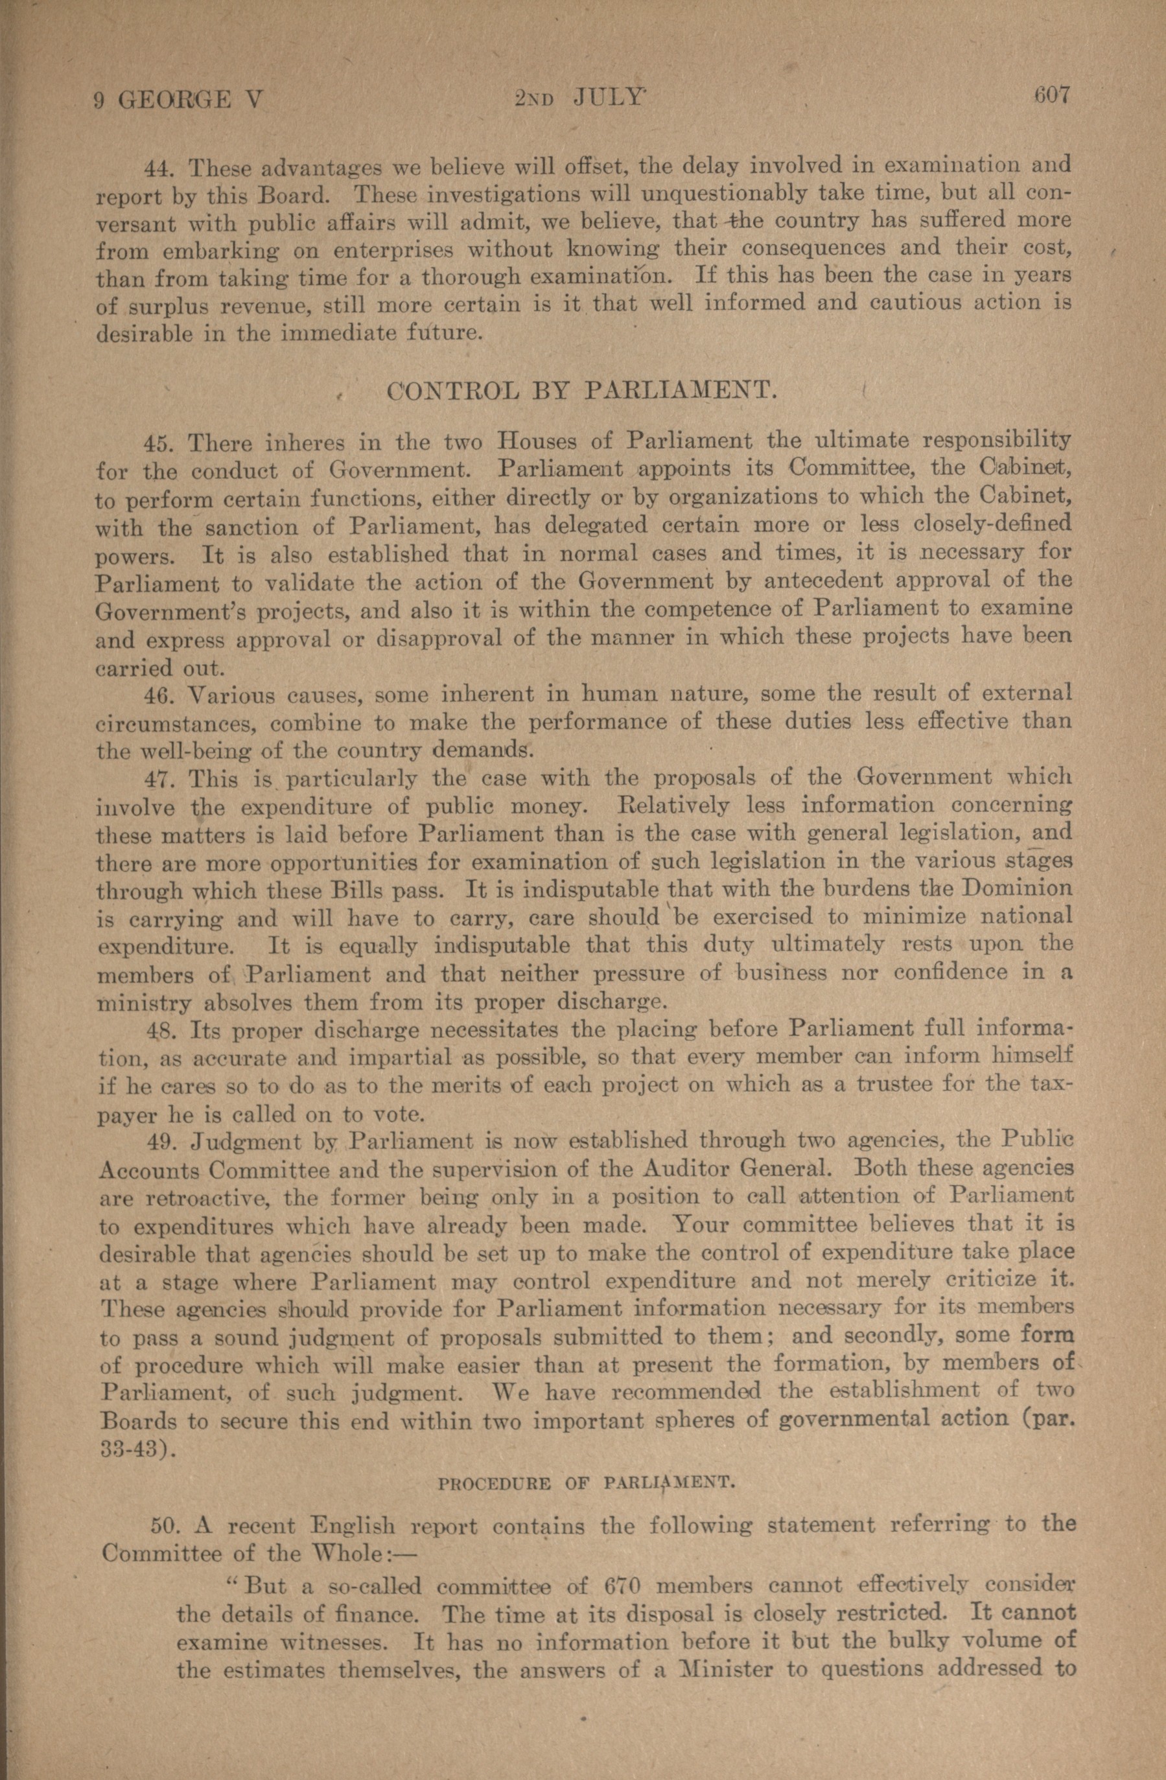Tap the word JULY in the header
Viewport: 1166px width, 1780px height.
point(607,98)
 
